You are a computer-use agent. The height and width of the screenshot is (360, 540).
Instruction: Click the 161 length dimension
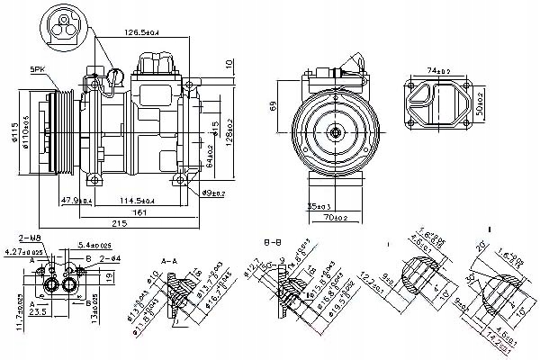[x=138, y=212]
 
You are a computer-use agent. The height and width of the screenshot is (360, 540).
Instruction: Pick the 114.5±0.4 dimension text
[x=126, y=200]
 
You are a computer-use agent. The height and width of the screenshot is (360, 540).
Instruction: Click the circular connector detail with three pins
[x=62, y=24]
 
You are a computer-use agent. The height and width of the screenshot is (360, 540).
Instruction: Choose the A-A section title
[x=168, y=261]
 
